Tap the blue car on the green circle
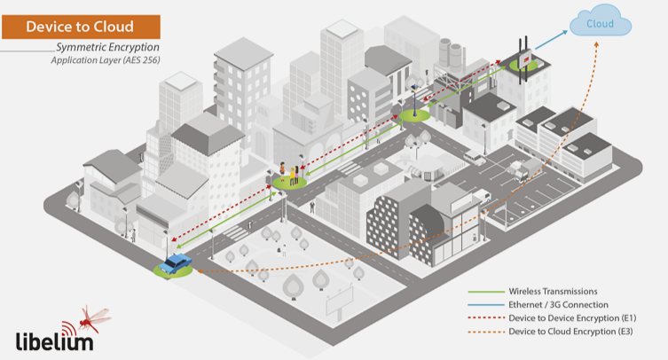coord(177,262)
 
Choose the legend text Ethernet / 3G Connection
coord(558,304)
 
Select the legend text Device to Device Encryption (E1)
coord(572,317)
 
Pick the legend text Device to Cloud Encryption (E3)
coord(572,331)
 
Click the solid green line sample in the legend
coord(483,291)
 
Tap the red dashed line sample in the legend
coord(483,317)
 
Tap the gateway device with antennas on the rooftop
coord(521,55)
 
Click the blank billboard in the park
coord(342,305)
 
